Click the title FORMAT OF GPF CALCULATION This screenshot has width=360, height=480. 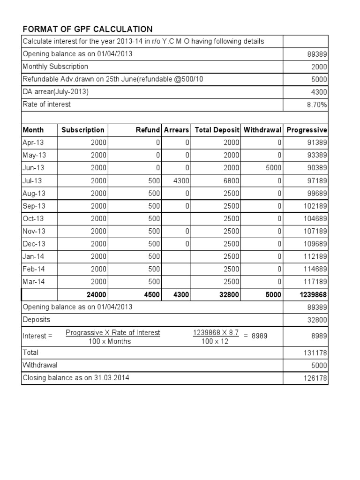point(87,29)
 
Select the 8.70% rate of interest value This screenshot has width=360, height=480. point(317,105)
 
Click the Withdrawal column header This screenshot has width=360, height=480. point(262,130)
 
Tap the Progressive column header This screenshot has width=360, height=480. point(307,130)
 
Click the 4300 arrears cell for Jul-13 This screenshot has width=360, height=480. point(181,180)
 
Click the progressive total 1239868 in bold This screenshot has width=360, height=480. point(311,294)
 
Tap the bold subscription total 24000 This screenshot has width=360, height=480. point(97,294)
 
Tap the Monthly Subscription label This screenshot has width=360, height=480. point(55,67)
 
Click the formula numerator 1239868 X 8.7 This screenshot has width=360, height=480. point(216,333)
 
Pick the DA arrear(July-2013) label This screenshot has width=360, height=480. point(56,92)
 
